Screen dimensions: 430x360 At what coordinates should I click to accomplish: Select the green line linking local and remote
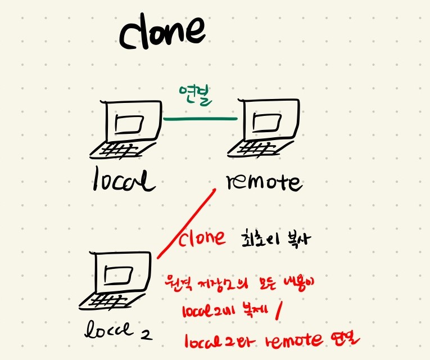(x=199, y=119)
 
